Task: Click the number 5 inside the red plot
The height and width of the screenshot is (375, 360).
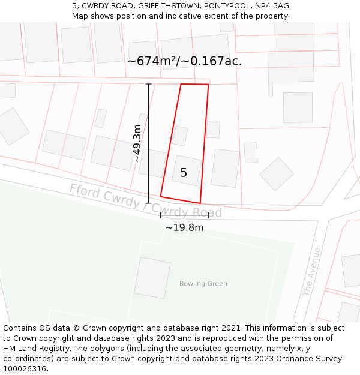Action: (184, 173)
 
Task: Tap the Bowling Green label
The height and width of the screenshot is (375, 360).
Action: (203, 284)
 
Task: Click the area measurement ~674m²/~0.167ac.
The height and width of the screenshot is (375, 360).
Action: (184, 61)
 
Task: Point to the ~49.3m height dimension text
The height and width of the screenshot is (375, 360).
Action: (137, 143)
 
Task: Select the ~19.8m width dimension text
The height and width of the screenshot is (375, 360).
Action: (184, 227)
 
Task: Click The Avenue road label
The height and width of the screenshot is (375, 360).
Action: (312, 272)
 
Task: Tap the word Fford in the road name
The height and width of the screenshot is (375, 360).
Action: (84, 191)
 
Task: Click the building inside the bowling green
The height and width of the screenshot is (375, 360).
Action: (152, 278)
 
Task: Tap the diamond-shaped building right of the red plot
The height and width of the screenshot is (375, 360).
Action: (277, 174)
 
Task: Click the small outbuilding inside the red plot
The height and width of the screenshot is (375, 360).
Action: (180, 136)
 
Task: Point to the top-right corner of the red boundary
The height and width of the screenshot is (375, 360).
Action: (208, 85)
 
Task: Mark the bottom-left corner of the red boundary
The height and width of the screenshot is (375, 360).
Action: (161, 196)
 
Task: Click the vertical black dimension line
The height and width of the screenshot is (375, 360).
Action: (149, 144)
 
